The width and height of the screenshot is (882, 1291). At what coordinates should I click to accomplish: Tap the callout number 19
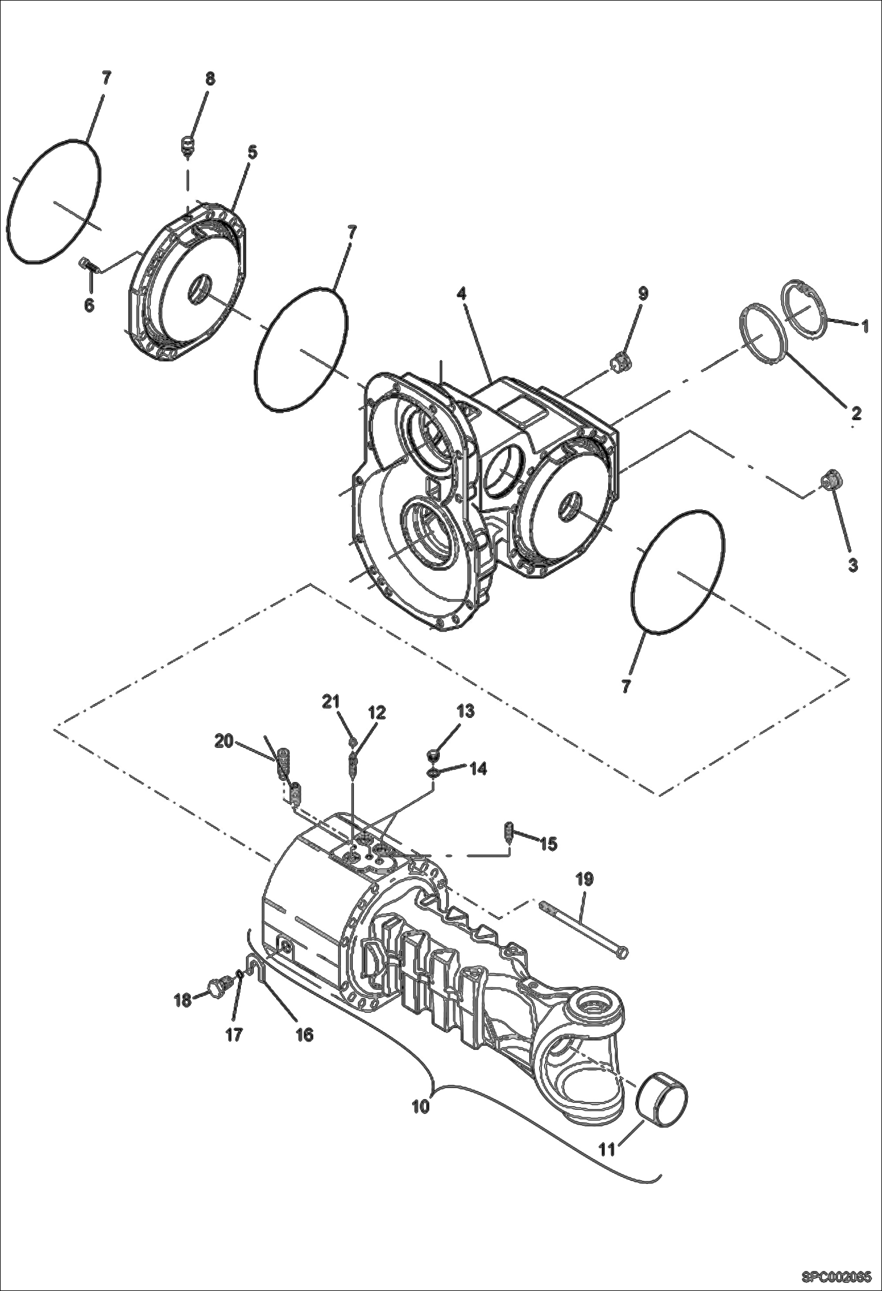coord(584,879)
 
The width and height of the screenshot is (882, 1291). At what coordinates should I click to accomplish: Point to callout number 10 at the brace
coord(421,1106)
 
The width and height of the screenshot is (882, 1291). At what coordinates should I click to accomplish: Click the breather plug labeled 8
coord(188,145)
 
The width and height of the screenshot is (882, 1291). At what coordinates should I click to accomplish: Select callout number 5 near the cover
coord(251,152)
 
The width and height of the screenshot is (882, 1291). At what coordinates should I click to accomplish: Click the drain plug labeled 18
coord(217,986)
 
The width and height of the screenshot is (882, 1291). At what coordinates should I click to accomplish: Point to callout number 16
coord(304,1034)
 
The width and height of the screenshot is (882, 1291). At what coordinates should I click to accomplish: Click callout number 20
coord(224,741)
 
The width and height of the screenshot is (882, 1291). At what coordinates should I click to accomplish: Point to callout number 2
coord(856,412)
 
